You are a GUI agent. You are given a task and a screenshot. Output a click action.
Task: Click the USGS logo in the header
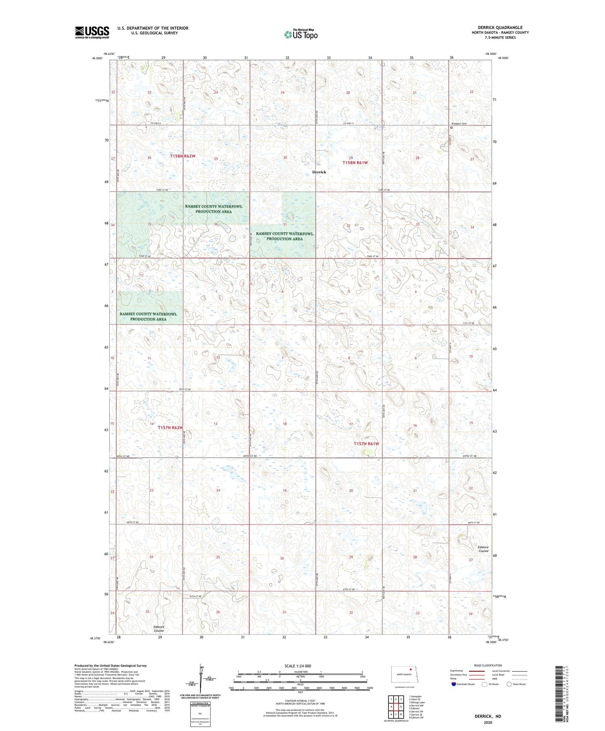(92, 32)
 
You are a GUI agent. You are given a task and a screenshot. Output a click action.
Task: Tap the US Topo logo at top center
(300, 35)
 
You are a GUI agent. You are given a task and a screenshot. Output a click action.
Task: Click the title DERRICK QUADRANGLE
(500, 27)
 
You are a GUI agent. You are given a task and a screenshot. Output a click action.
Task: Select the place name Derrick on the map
(319, 172)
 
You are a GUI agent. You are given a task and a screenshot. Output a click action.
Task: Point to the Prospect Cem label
(459, 124)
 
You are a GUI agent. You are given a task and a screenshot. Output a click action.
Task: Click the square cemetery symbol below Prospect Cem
(451, 128)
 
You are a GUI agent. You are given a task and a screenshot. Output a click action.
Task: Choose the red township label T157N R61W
(366, 444)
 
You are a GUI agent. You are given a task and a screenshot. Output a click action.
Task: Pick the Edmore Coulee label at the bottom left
(159, 629)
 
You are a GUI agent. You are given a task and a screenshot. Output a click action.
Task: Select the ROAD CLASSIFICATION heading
(488, 665)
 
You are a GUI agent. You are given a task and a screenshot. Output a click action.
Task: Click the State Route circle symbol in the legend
(509, 684)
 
